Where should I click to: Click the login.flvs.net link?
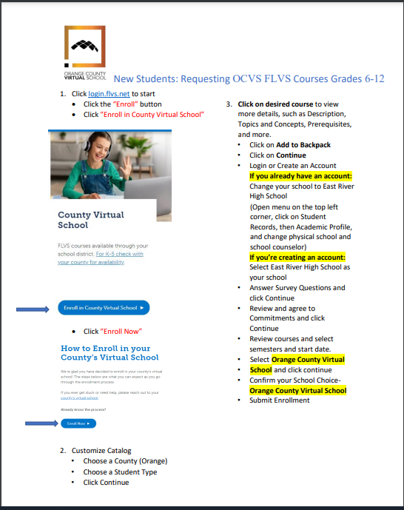coord(109,95)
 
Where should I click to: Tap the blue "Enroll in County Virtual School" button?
coord(104,307)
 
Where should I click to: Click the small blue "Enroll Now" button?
coord(79,423)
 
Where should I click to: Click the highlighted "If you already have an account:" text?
coord(300,176)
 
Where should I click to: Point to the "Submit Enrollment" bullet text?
coord(280,400)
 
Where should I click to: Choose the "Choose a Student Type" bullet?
coord(120,472)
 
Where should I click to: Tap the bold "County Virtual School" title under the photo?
coord(91,220)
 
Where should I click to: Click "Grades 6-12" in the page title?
coord(354,78)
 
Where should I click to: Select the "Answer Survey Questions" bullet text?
coord(297,287)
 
